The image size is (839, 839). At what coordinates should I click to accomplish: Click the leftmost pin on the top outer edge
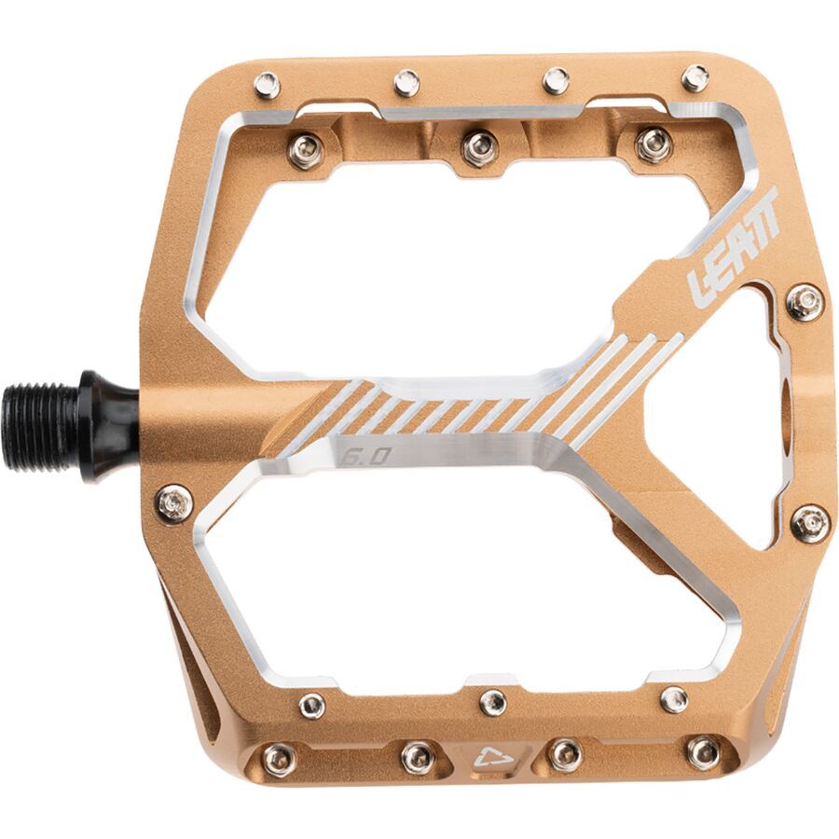coord(267,85)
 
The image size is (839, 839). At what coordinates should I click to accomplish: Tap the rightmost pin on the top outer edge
coord(695,77)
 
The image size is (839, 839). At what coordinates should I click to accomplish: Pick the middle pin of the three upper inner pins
coord(479,145)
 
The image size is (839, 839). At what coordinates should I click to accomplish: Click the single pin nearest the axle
coord(173,503)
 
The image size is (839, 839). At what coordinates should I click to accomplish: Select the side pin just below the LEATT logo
coord(804,302)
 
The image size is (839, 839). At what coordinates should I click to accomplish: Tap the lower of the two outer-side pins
coord(809,523)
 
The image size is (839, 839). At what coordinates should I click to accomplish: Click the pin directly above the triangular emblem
coord(491,700)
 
